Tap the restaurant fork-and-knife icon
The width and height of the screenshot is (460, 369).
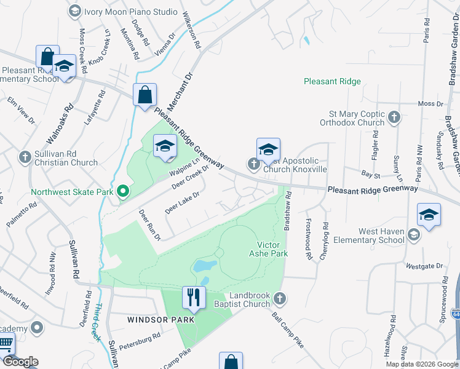194,298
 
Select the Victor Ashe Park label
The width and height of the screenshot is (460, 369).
268,248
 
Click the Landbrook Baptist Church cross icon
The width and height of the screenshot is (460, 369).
280,298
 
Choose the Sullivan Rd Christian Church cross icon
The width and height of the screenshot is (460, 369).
25,157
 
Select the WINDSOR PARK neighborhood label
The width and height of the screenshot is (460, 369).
161,320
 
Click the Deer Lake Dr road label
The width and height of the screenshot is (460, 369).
183,203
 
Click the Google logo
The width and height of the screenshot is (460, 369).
20,362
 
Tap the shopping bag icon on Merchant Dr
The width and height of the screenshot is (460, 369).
145,96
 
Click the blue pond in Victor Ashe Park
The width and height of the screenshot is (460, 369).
204,266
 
